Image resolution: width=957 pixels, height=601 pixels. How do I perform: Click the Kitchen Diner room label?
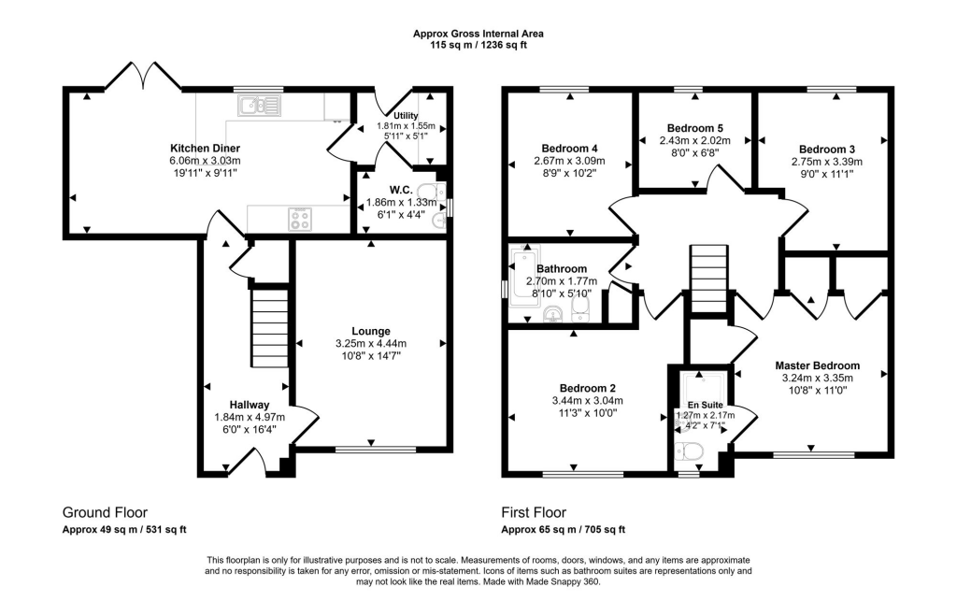pos(205,149)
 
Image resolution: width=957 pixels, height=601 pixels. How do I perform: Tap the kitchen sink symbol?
pos(260,107)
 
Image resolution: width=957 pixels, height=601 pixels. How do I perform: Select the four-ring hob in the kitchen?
pos(300,219)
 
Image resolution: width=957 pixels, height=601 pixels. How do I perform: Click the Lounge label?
pos(370,331)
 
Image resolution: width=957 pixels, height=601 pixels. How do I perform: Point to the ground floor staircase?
pos(269,328)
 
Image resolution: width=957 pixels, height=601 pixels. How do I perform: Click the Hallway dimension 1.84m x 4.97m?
pos(250,417)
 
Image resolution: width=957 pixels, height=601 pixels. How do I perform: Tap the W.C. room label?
pos(401,191)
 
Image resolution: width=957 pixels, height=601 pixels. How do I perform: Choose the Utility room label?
pos(406,116)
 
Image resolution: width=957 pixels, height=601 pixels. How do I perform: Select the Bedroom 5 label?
pos(694,128)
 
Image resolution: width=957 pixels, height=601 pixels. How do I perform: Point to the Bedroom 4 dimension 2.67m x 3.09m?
pos(569,161)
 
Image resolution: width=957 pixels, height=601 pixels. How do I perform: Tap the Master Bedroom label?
pos(817,365)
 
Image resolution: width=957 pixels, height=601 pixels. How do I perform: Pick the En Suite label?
pos(705,405)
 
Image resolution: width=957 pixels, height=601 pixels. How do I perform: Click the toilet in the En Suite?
pos(690,451)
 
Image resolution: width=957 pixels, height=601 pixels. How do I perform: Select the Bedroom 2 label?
pos(587,388)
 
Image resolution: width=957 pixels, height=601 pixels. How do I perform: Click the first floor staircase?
pos(709,279)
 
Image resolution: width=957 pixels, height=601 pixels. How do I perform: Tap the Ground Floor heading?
pos(105,512)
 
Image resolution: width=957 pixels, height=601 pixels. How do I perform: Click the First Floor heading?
pos(534,512)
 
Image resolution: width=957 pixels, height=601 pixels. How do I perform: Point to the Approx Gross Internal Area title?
pos(478,34)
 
